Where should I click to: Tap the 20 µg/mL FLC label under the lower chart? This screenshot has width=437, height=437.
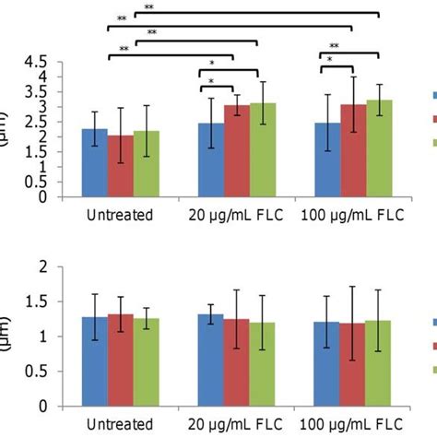(237, 425)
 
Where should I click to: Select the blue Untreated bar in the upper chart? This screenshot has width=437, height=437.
(94, 163)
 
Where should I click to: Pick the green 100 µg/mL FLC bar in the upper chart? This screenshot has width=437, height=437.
(379, 148)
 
